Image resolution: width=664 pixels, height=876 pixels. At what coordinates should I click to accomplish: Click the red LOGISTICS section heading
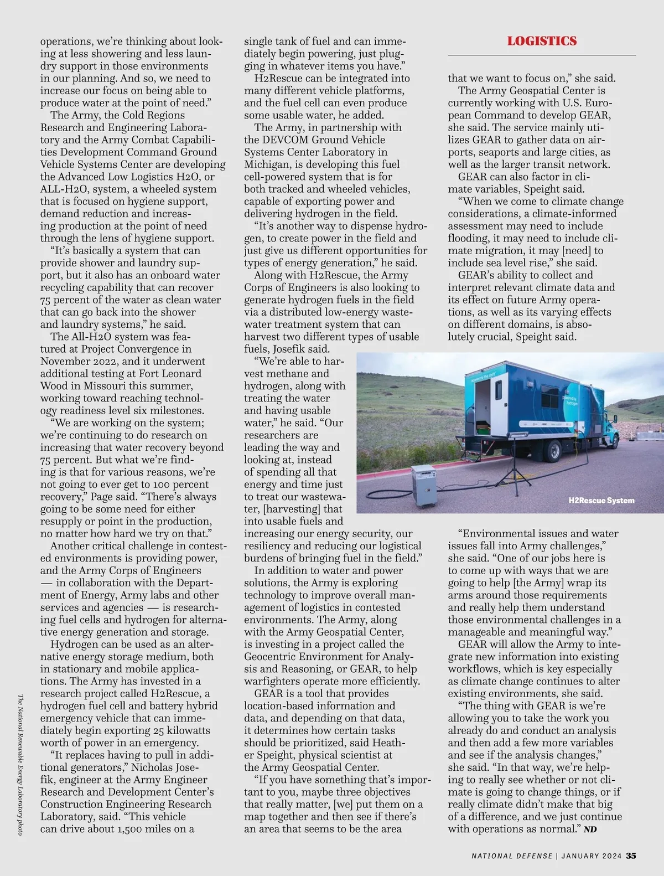click(x=542, y=41)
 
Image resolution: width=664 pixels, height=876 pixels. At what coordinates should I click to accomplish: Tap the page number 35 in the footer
click(x=631, y=856)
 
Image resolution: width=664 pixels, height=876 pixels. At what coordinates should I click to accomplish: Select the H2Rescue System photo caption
click(x=601, y=501)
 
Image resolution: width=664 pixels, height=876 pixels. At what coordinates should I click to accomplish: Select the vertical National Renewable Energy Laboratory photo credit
click(x=20, y=764)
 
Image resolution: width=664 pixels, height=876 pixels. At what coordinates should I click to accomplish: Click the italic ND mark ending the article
click(x=590, y=829)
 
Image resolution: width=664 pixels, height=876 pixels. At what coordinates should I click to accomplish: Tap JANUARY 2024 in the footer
click(x=591, y=856)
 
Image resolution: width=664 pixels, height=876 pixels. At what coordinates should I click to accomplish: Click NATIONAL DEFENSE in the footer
click(x=512, y=856)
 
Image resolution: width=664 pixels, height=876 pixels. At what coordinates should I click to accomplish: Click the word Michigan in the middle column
click(x=268, y=164)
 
